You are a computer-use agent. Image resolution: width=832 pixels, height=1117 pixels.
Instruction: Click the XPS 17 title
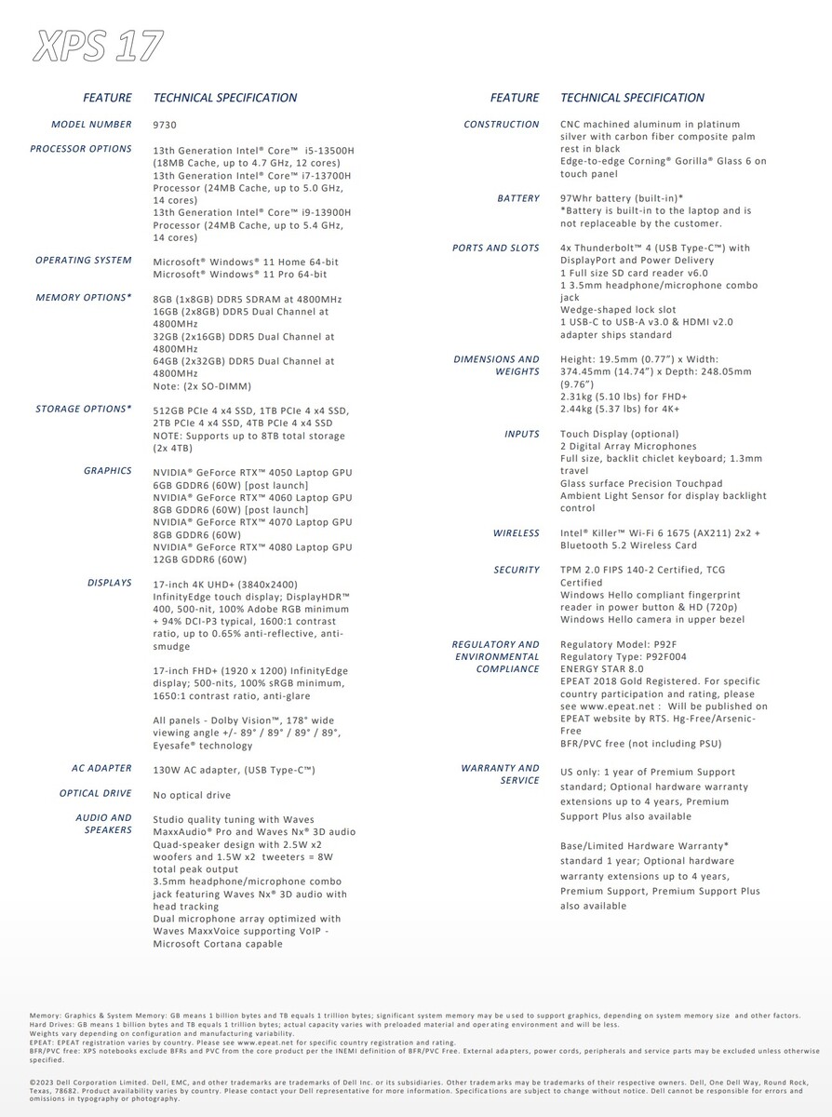[98, 46]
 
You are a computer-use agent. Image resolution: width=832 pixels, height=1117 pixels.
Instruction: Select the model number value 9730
[165, 125]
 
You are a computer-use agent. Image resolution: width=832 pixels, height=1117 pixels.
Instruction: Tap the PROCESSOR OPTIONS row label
[81, 149]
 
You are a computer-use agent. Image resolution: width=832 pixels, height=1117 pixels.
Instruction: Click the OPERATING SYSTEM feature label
[84, 261]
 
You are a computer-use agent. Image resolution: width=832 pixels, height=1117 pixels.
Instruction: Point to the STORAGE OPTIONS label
[84, 409]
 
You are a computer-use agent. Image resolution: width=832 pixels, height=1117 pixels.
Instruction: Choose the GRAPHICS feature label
[108, 471]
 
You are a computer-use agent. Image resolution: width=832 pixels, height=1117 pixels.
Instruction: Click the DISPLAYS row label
[110, 583]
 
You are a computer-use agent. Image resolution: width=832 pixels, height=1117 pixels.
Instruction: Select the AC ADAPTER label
[101, 769]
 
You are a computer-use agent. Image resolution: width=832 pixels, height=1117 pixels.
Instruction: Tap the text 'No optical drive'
[192, 795]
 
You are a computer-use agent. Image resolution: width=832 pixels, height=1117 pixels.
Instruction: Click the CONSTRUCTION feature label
[502, 125]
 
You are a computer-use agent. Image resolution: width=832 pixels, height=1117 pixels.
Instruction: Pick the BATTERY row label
[518, 198]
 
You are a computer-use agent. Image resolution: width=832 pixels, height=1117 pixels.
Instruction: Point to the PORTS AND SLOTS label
[496, 249]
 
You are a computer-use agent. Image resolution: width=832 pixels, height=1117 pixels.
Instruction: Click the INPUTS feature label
[522, 434]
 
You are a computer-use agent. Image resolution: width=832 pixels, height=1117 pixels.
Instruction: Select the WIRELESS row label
[517, 533]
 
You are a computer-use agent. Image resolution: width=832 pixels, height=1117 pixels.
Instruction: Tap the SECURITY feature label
[517, 570]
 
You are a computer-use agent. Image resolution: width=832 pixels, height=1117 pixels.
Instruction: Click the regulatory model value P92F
[666, 644]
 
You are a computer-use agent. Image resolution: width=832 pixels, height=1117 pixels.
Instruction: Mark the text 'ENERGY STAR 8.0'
[602, 669]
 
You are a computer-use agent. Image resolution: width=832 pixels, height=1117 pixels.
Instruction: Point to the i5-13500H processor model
[327, 150]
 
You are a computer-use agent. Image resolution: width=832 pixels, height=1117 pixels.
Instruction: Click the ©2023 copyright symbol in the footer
[34, 1082]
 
